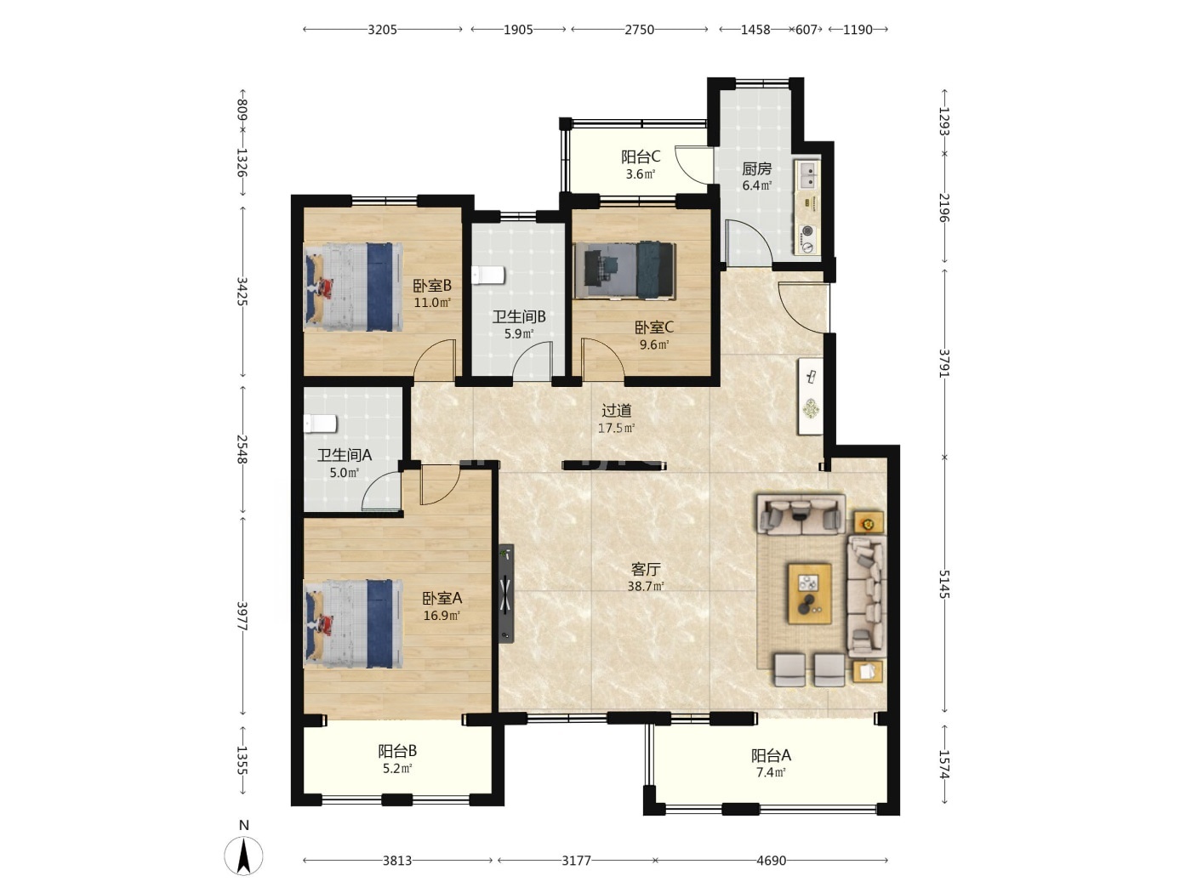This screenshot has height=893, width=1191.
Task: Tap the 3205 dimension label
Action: coord(383,30)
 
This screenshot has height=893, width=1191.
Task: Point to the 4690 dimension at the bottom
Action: coord(771,861)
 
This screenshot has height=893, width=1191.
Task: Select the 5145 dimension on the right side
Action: coord(944,584)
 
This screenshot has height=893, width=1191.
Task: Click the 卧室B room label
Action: coord(432,285)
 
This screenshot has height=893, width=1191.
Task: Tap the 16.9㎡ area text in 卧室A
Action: coord(442,616)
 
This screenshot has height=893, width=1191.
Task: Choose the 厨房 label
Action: coord(756,168)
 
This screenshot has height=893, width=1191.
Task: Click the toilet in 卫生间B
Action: coord(487,275)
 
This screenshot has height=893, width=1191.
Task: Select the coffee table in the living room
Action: coord(810,594)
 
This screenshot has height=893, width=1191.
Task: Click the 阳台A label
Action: coord(771,755)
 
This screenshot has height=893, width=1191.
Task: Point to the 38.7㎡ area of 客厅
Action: coord(646,586)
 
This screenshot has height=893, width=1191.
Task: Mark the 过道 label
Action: coord(617,411)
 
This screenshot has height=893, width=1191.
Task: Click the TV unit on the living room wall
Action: coord(506,594)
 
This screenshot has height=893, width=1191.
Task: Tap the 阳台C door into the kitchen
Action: coord(693,164)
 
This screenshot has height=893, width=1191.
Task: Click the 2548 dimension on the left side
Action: coord(242,449)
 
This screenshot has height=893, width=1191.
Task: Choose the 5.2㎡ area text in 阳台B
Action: coord(397,768)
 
